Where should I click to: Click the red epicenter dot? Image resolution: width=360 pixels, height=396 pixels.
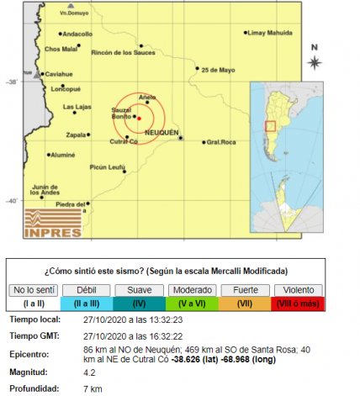click(x=139, y=119)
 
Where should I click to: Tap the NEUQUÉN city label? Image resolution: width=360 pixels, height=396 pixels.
click(x=161, y=133)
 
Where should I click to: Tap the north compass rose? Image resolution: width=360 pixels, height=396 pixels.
click(x=314, y=61)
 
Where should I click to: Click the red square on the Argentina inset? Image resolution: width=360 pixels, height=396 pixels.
click(x=271, y=127)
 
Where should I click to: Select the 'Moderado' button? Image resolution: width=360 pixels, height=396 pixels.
click(x=192, y=290)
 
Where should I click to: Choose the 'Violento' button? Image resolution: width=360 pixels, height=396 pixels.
click(x=299, y=290)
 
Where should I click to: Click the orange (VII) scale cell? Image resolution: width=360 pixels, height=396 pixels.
click(x=245, y=303)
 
